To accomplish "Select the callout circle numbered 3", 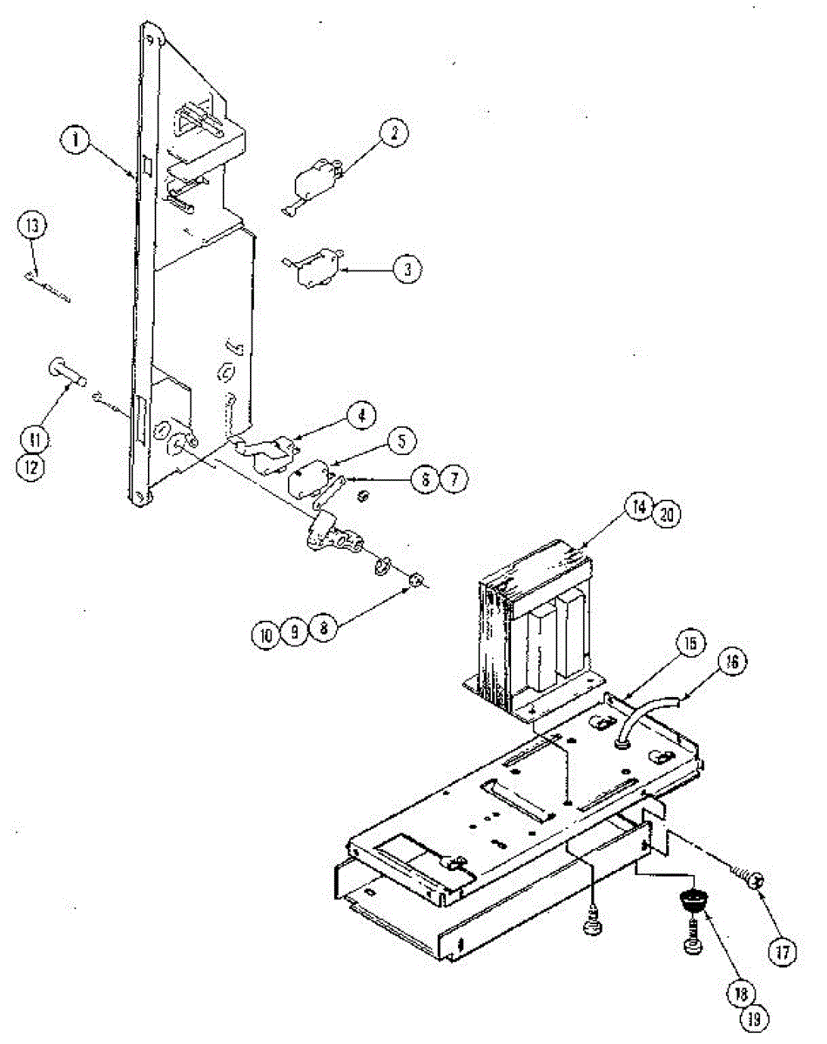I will click(x=406, y=269).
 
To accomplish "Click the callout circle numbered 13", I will click(x=32, y=225).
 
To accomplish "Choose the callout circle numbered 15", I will click(x=689, y=645).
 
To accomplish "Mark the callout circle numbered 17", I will click(x=781, y=952).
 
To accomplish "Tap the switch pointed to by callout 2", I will click(x=312, y=182).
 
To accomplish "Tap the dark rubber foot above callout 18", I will click(x=691, y=901).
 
